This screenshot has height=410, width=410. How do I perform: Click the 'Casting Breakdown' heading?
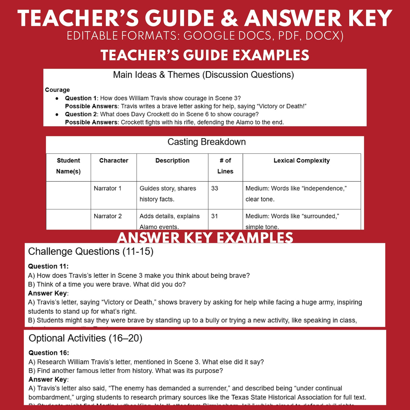coord(207,142)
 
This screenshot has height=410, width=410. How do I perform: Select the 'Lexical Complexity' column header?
coord(302,161)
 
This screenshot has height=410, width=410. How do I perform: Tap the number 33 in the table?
coord(215,188)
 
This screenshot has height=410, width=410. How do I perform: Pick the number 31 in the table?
coord(215,216)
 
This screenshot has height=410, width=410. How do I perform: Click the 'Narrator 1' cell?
coord(108,188)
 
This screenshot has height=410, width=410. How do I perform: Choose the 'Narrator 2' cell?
coord(108,216)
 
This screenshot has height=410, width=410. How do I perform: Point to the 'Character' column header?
coord(114,161)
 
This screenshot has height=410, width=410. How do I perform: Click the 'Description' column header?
coord(172,161)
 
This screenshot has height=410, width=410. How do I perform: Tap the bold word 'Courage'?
coord(57,90)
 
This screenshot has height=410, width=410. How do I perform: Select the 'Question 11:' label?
coord(48,266)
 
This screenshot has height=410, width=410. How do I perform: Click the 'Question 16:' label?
coord(49,353)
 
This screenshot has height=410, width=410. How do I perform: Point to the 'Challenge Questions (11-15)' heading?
coord(91,252)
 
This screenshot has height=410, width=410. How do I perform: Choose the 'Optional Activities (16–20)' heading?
coord(85,338)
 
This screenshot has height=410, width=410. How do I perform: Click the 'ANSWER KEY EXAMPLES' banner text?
coord(205,237)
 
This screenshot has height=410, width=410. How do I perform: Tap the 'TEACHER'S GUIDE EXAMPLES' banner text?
coord(205,55)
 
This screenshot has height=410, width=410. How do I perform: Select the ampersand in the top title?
coord(229,19)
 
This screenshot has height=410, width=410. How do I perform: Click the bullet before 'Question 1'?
coord(57,98)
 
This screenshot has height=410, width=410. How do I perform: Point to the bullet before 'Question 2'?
coord(57,115)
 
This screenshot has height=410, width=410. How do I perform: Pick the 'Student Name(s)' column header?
coord(68,166)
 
